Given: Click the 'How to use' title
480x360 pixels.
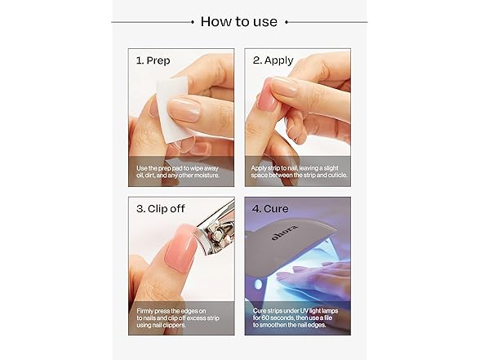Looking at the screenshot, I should click(239, 21).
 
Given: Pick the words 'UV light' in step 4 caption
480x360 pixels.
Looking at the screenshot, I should click(321, 311).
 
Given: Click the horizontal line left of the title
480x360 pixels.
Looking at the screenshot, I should click(151, 22).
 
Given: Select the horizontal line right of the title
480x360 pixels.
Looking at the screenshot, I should click(327, 22).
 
